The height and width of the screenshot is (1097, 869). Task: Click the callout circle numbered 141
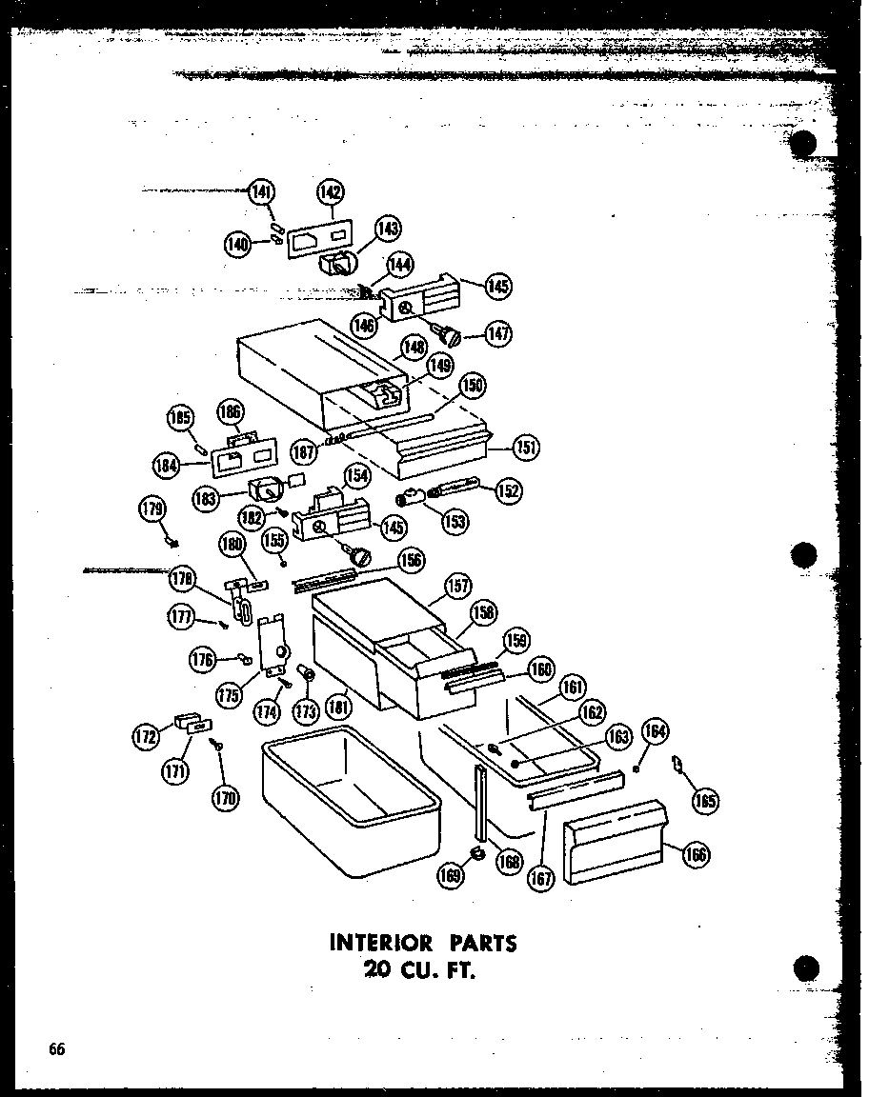(x=261, y=191)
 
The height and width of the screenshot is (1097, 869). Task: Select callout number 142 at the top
(x=330, y=191)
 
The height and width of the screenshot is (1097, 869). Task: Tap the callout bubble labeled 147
(x=496, y=334)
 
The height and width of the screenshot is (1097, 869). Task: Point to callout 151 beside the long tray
(x=524, y=446)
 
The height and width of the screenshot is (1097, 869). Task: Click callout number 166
(x=697, y=854)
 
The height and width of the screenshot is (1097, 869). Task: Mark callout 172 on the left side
(x=146, y=736)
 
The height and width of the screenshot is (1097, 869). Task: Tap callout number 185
(x=180, y=417)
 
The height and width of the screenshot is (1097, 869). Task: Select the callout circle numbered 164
(x=654, y=732)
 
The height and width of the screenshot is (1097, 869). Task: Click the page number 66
(x=57, y=1049)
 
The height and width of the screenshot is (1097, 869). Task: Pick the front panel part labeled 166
(x=610, y=842)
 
